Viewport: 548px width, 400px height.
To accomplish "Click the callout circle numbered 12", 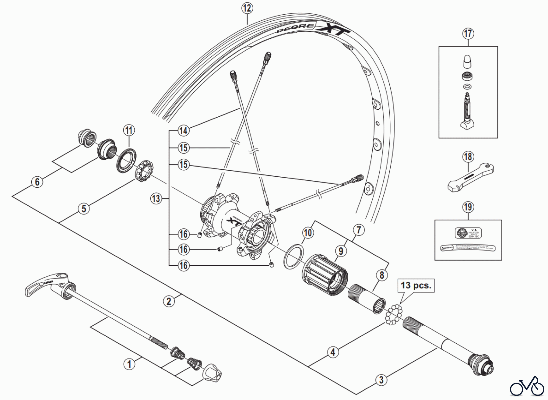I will (x=247, y=8).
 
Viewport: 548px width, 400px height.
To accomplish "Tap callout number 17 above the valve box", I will (x=468, y=33).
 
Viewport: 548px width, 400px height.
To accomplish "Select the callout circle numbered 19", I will (x=468, y=207).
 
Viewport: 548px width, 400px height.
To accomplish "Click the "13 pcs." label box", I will (x=416, y=286).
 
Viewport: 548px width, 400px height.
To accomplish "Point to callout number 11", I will (x=129, y=130).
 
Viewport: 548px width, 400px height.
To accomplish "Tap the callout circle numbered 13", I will (x=156, y=199).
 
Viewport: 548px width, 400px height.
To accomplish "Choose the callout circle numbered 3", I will (x=381, y=380).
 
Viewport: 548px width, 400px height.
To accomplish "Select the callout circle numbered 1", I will (x=129, y=364).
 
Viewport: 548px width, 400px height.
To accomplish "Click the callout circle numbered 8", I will (x=382, y=275).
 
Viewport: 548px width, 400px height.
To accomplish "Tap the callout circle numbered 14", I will (x=183, y=131).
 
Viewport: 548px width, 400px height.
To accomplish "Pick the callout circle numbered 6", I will (x=37, y=182).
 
